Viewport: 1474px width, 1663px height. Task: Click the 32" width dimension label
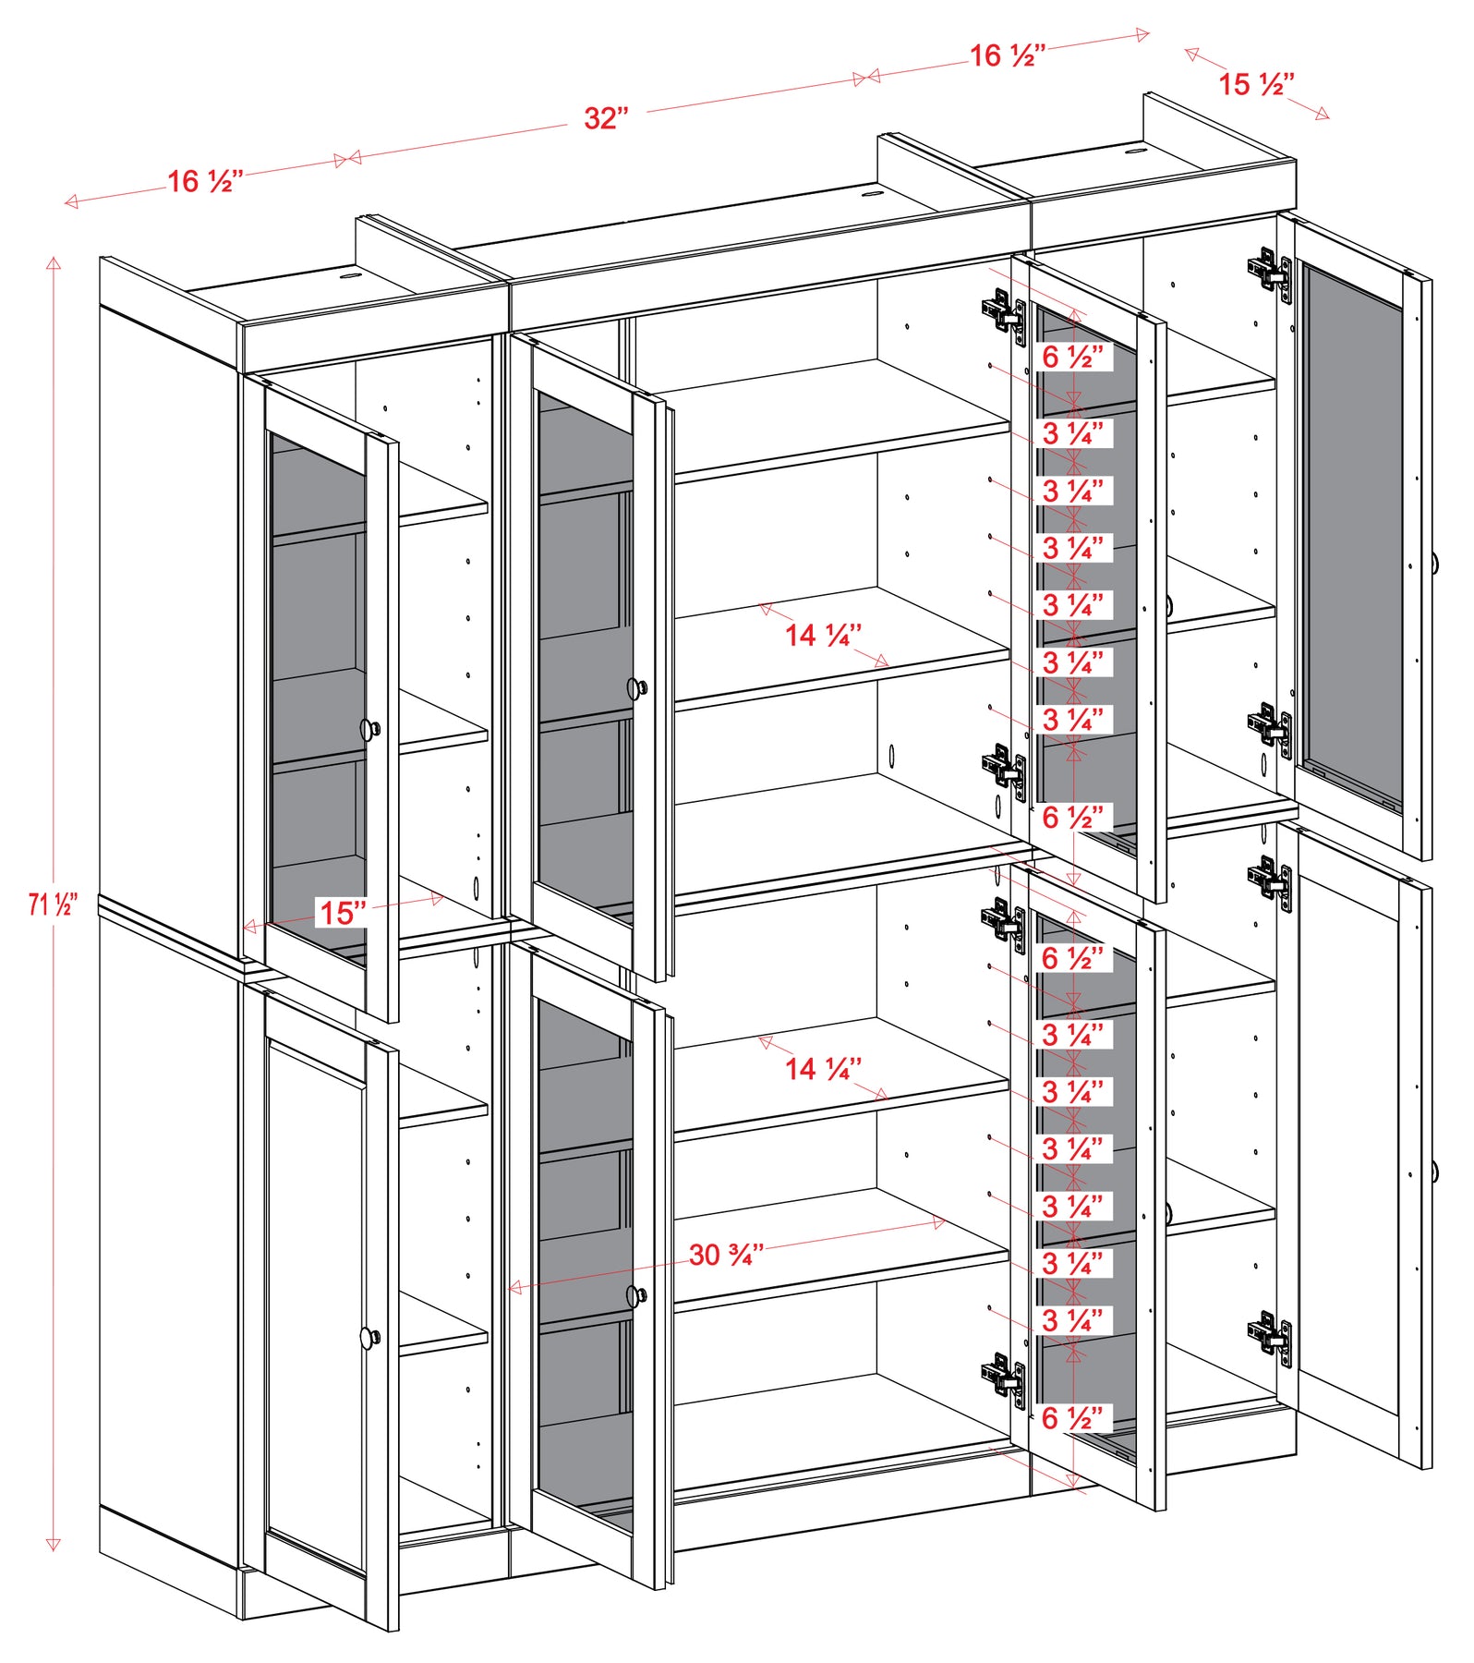606,118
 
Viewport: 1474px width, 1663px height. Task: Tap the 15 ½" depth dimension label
1256,84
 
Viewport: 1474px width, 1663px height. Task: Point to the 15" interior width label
343,913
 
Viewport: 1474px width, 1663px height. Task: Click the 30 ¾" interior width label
727,1255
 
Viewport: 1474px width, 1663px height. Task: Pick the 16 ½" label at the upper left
205,181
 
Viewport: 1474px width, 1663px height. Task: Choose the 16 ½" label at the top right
1008,55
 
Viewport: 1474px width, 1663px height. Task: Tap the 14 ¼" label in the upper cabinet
823,635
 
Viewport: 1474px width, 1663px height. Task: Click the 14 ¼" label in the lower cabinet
823,1069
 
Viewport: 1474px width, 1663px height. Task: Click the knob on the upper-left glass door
370,729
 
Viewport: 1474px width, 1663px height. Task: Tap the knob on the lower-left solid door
370,1337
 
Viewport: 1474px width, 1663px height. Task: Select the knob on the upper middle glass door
637,688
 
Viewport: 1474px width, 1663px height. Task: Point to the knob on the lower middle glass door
637,1296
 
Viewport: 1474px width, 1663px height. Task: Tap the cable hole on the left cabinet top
350,274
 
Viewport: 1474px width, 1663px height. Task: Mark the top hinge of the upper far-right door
1271,270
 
